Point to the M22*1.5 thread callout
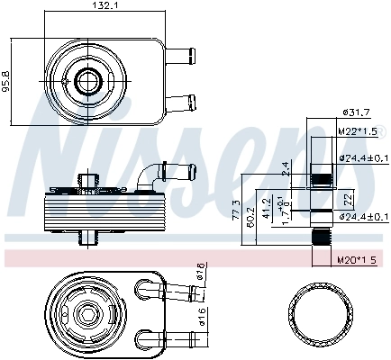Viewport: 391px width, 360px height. [x=356, y=131]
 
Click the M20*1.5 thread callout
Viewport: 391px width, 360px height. [x=357, y=260]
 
